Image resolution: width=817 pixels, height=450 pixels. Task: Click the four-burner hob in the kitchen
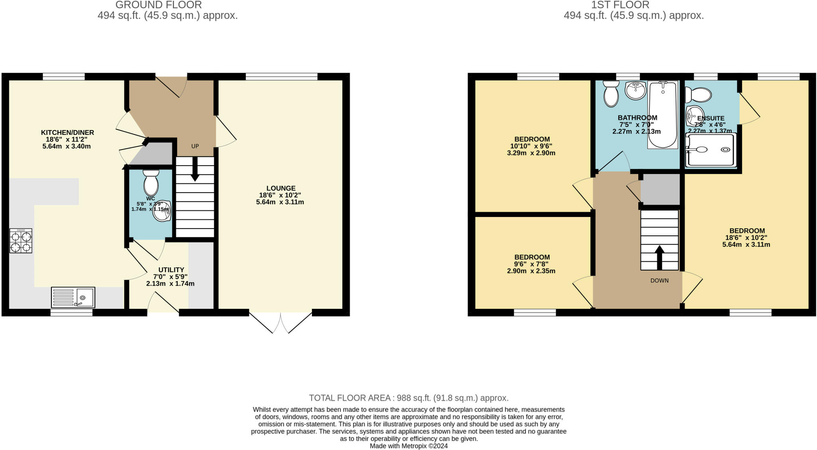21,241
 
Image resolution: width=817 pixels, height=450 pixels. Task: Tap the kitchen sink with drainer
73,297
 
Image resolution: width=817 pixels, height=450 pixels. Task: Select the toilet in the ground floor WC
151,183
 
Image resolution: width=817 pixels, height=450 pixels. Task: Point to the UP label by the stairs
195,146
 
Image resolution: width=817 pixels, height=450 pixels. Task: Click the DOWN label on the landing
659,280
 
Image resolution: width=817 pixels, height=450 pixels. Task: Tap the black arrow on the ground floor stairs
195,169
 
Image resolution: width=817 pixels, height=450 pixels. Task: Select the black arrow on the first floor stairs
659,258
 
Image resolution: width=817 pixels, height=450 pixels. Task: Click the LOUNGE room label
281,188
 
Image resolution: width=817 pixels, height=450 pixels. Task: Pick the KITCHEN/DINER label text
67,132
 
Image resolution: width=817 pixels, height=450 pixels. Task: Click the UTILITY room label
171,270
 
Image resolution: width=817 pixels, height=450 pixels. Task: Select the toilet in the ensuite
698,95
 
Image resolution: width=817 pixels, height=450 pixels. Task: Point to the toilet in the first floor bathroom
611,94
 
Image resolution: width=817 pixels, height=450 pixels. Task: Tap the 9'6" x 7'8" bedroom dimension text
531,264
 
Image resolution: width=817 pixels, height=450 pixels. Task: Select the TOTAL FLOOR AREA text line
408,398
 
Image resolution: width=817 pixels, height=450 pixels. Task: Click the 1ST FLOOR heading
633,5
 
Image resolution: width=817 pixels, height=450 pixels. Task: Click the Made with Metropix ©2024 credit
408,446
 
